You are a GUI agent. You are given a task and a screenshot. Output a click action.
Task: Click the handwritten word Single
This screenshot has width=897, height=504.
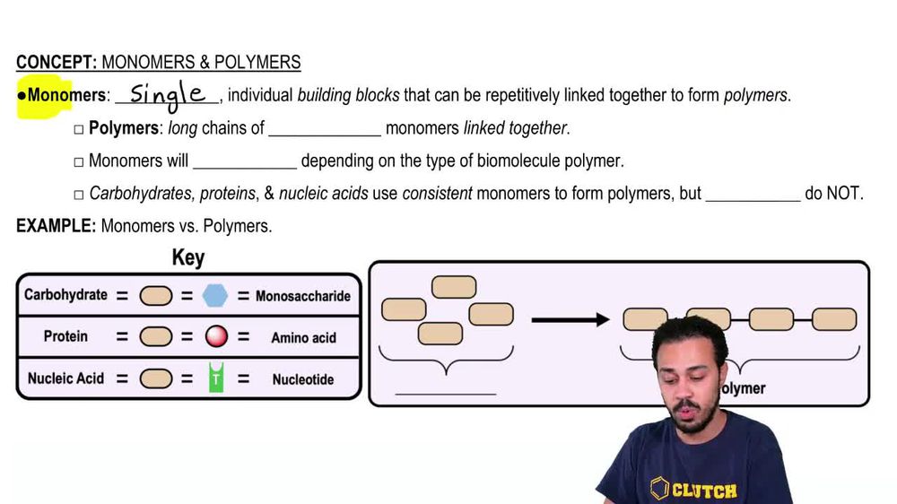[167, 93]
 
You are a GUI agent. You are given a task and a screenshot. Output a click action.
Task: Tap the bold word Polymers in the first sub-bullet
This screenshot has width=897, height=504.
[124, 128]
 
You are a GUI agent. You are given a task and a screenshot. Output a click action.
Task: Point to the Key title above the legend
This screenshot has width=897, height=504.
[188, 258]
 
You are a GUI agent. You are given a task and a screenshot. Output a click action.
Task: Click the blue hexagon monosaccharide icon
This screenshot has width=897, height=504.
[215, 295]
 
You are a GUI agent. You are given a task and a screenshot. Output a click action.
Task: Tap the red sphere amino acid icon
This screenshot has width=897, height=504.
[216, 337]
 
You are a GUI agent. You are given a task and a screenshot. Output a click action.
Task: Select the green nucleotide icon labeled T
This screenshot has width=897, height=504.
[215, 378]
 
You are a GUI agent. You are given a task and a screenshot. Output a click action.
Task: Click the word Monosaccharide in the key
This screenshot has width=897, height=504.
[302, 296]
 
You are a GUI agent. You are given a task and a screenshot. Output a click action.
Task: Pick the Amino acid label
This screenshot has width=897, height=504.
[303, 338]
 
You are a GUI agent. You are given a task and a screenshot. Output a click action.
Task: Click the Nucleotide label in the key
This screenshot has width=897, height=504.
[303, 379]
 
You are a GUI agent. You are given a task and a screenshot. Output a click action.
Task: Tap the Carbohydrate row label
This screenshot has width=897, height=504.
[65, 295]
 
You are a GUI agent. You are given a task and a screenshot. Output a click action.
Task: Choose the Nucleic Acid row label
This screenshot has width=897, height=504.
[65, 378]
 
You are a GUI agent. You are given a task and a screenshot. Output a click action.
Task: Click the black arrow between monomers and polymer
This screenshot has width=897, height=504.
[570, 319]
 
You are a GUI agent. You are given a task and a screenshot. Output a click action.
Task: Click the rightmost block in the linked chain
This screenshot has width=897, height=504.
[834, 319]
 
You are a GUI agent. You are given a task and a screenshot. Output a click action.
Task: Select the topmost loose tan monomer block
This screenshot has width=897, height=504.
[453, 287]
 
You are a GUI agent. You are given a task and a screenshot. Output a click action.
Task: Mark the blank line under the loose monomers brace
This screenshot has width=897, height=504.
[445, 391]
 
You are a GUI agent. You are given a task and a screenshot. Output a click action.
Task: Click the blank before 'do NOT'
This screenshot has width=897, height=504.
[753, 195]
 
